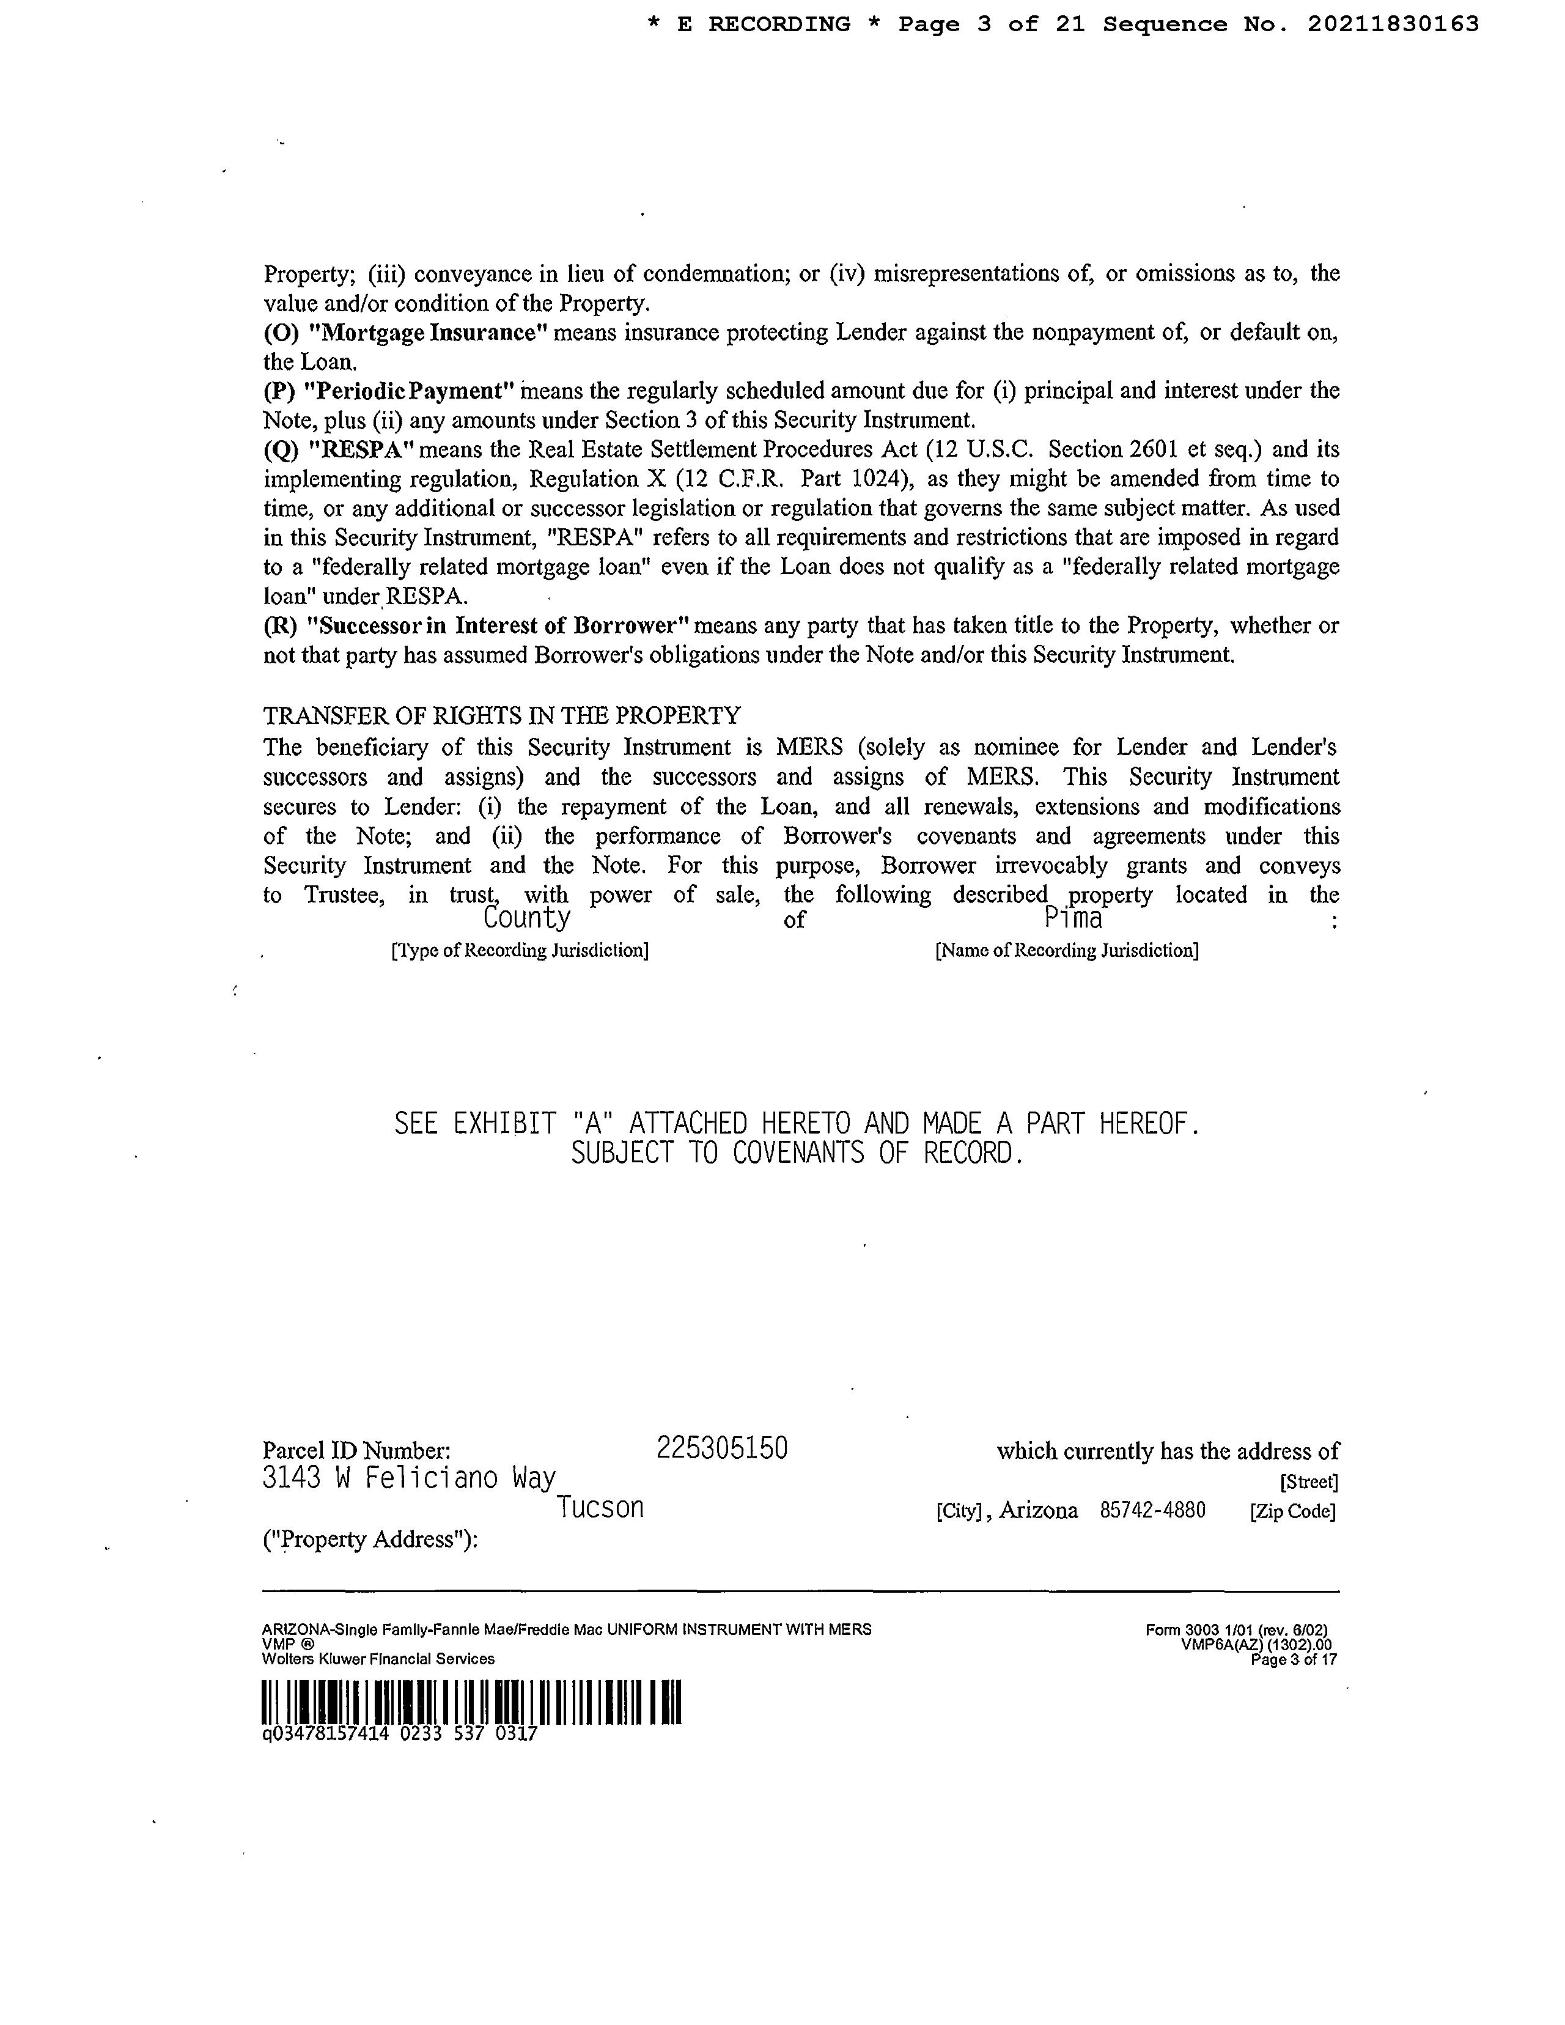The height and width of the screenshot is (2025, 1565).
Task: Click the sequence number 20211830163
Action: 1393,25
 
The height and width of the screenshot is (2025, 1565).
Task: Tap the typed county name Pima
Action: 1073,919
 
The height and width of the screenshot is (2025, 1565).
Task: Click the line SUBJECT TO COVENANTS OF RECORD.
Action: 797,1154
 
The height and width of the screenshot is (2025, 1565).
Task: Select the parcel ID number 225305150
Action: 721,1448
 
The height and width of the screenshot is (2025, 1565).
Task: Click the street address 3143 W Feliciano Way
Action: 409,1478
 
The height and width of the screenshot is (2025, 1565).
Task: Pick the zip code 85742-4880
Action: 1152,1510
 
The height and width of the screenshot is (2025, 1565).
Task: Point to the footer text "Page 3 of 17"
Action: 1294,1660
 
